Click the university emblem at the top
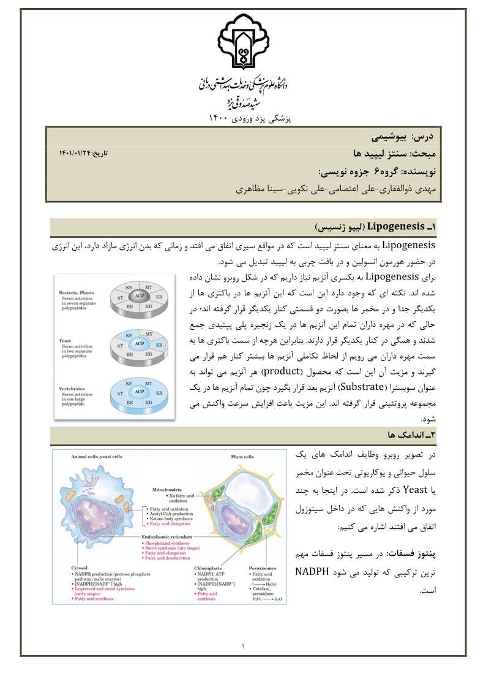[x=243, y=42]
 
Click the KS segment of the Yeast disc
[x=129, y=336]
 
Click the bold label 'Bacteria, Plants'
[x=77, y=293]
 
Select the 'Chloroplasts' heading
[x=207, y=568]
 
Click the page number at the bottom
[x=243, y=646]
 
